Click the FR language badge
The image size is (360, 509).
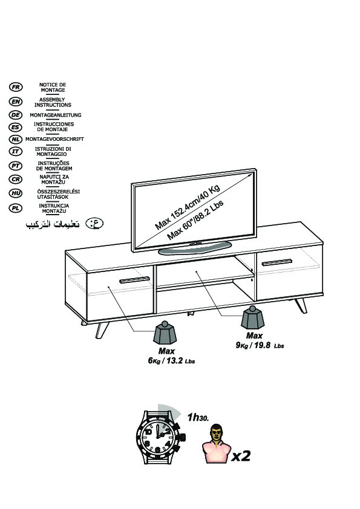16,87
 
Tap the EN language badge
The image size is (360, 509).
16,102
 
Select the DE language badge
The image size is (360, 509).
16,115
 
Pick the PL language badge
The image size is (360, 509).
16,208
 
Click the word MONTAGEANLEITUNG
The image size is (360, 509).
56,115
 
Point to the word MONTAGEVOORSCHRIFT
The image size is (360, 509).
54,139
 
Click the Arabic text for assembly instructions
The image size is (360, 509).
53,224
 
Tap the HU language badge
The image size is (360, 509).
16,193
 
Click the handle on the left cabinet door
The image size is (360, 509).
134,280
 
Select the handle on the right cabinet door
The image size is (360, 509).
277,262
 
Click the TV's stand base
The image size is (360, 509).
195,248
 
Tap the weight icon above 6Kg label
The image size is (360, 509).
165,332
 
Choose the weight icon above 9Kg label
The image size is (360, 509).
252,317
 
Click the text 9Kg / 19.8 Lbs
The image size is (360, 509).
260,345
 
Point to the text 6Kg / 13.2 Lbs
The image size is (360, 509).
172,361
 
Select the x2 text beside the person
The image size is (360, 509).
241,456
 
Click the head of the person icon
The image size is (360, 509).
217,432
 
